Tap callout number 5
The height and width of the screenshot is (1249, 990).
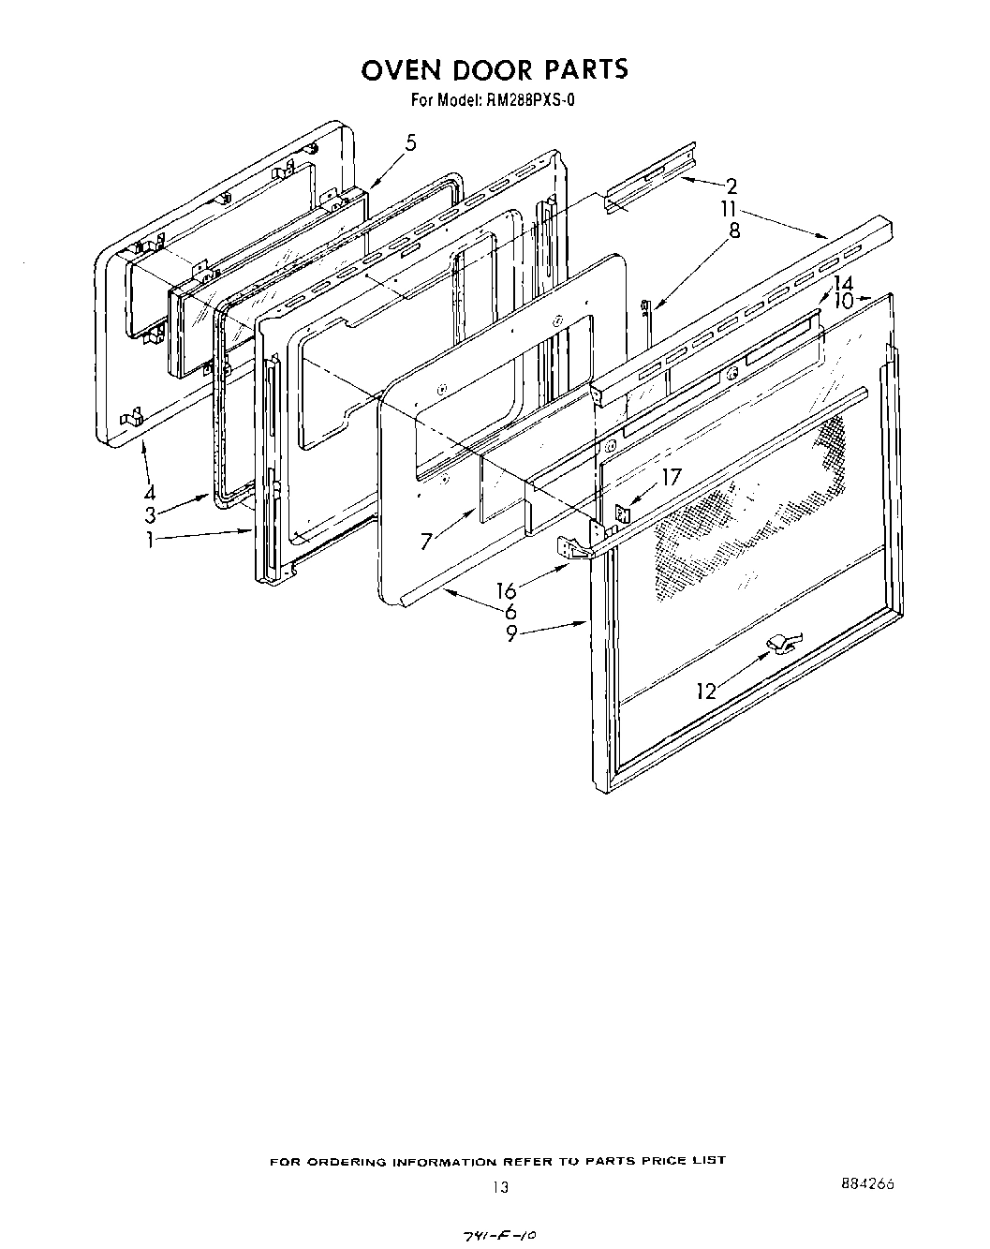coord(410,143)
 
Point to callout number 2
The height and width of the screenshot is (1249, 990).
coord(731,186)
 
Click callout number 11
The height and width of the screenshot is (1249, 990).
coord(729,210)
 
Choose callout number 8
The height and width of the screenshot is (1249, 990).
coord(734,230)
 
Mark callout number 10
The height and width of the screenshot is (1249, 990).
coord(842,302)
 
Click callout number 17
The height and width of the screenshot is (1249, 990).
coord(672,476)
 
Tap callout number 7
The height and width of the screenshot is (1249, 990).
coord(427,542)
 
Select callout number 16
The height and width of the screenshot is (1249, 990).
coord(507,591)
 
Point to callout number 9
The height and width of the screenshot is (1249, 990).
coord(511,633)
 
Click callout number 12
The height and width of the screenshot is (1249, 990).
coord(706,691)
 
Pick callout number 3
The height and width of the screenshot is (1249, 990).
coord(149,514)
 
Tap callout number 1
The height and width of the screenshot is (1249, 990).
coord(150,541)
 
